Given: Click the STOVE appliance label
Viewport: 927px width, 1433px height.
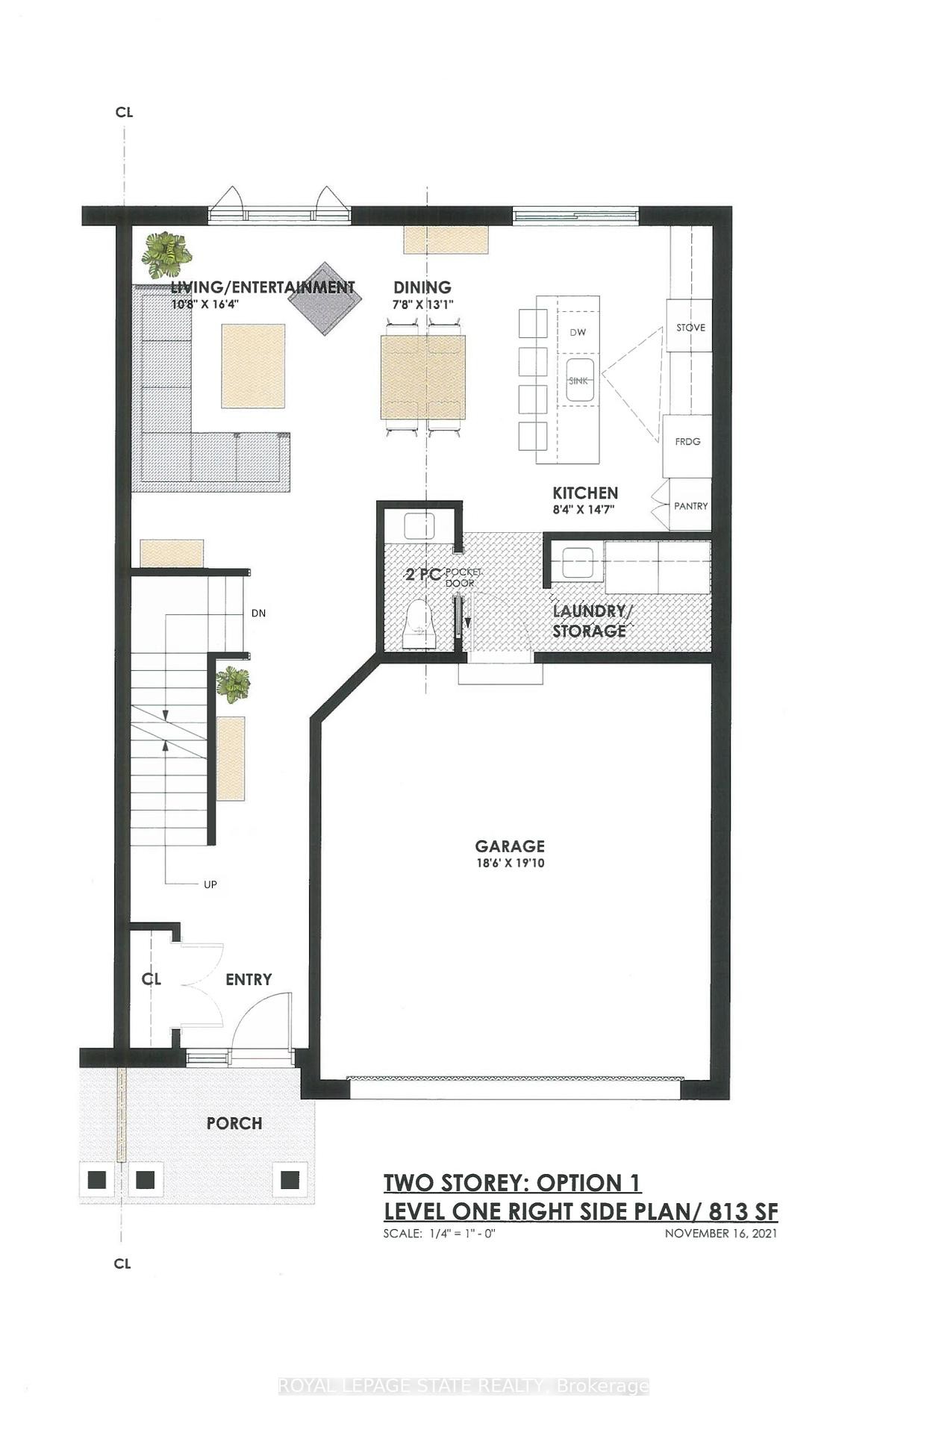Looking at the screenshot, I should [690, 328].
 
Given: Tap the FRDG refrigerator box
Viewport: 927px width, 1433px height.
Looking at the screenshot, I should [687, 442].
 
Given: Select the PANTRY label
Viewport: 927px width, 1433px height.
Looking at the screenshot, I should [690, 506].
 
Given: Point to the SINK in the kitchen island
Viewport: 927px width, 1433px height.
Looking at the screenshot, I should [578, 381].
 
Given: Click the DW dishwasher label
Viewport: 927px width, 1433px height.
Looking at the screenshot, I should [578, 332].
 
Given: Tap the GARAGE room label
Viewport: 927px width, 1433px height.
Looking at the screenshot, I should [510, 846].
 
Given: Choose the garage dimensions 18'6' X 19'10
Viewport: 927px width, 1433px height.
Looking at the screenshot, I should [510, 864].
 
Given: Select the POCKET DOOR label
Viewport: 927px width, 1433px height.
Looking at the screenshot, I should [462, 577].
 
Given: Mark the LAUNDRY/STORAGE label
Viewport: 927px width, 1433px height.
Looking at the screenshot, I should [591, 621].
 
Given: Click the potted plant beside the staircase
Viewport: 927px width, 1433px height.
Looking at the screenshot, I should [233, 684].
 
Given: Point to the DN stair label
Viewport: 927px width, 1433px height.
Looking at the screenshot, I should [258, 614].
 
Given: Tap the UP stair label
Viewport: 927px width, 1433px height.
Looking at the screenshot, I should [210, 884].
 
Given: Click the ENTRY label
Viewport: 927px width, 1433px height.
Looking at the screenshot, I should [249, 979].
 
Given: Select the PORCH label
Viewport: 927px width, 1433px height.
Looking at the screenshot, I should [234, 1123].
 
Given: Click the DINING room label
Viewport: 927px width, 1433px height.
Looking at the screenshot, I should [422, 287].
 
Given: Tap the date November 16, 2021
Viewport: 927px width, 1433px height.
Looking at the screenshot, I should [720, 1234].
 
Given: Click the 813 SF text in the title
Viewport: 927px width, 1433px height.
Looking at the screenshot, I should [743, 1211].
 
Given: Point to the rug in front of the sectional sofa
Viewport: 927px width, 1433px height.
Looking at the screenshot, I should [253, 366].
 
